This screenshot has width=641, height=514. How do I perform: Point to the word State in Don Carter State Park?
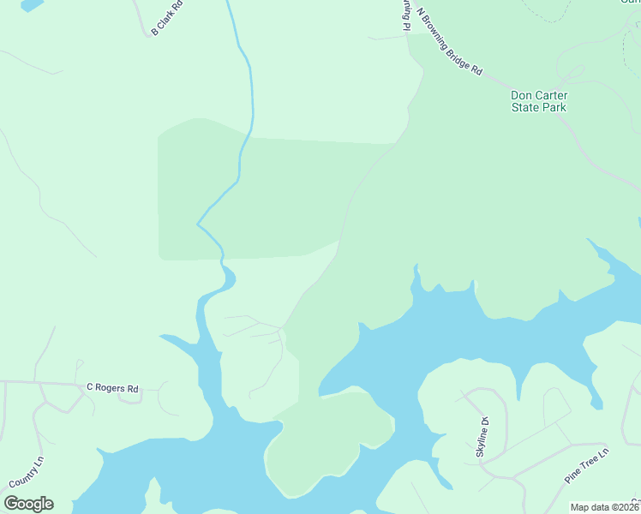526,108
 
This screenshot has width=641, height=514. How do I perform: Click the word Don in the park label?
522,95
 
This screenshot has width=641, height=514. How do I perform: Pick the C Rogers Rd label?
112,388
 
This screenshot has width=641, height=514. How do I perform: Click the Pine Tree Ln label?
586,465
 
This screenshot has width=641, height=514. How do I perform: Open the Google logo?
28,504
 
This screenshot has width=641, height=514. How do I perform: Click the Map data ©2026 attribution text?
604,507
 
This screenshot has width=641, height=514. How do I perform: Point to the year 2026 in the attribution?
627,507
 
